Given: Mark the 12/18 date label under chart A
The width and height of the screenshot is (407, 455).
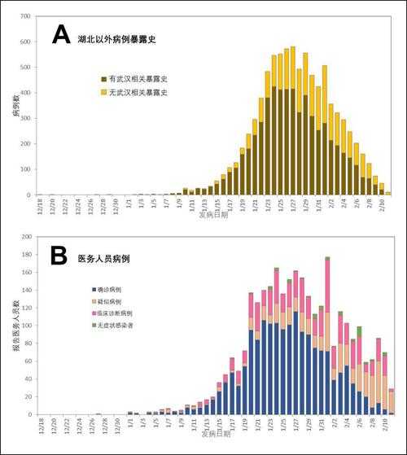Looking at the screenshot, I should click(x=39, y=206).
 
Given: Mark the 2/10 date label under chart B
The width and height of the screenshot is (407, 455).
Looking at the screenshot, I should click(x=384, y=426).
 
